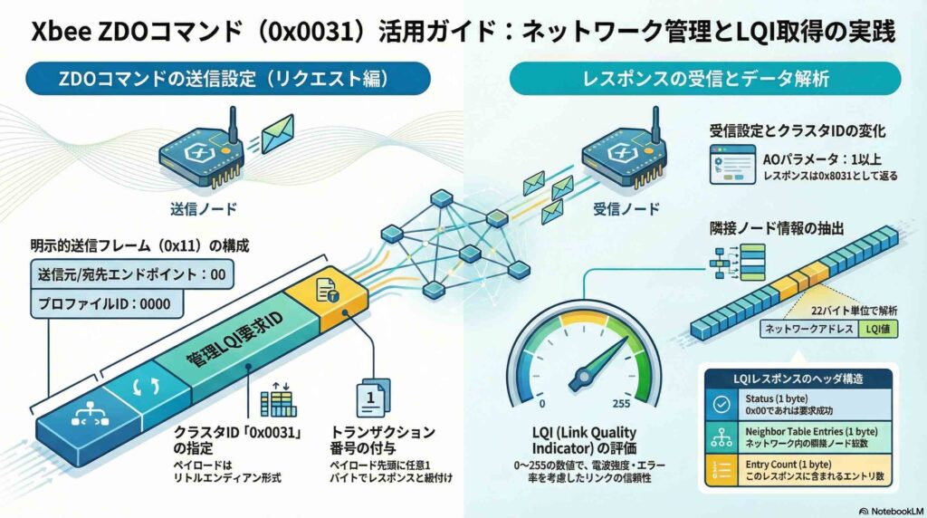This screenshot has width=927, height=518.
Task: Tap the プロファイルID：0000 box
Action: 102,303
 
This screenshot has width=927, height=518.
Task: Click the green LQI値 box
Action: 879,331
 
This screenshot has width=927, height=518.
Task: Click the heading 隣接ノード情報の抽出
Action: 779,228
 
